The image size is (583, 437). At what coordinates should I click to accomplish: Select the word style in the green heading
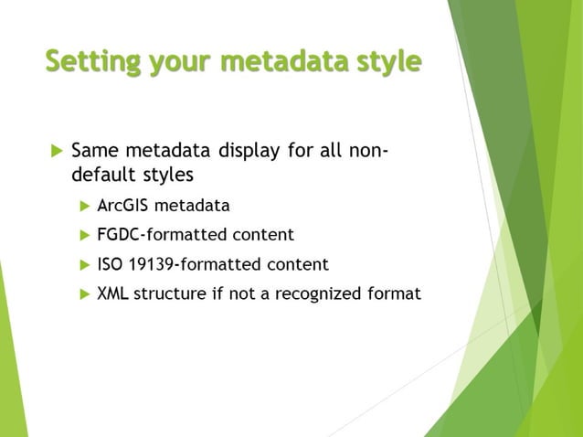coord(385,61)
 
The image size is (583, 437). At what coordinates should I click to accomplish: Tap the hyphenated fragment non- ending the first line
coord(370,148)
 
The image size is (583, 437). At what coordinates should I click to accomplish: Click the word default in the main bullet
coord(101,174)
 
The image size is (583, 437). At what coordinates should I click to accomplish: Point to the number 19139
coord(153,265)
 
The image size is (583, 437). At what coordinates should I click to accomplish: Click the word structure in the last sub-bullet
coord(170,294)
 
